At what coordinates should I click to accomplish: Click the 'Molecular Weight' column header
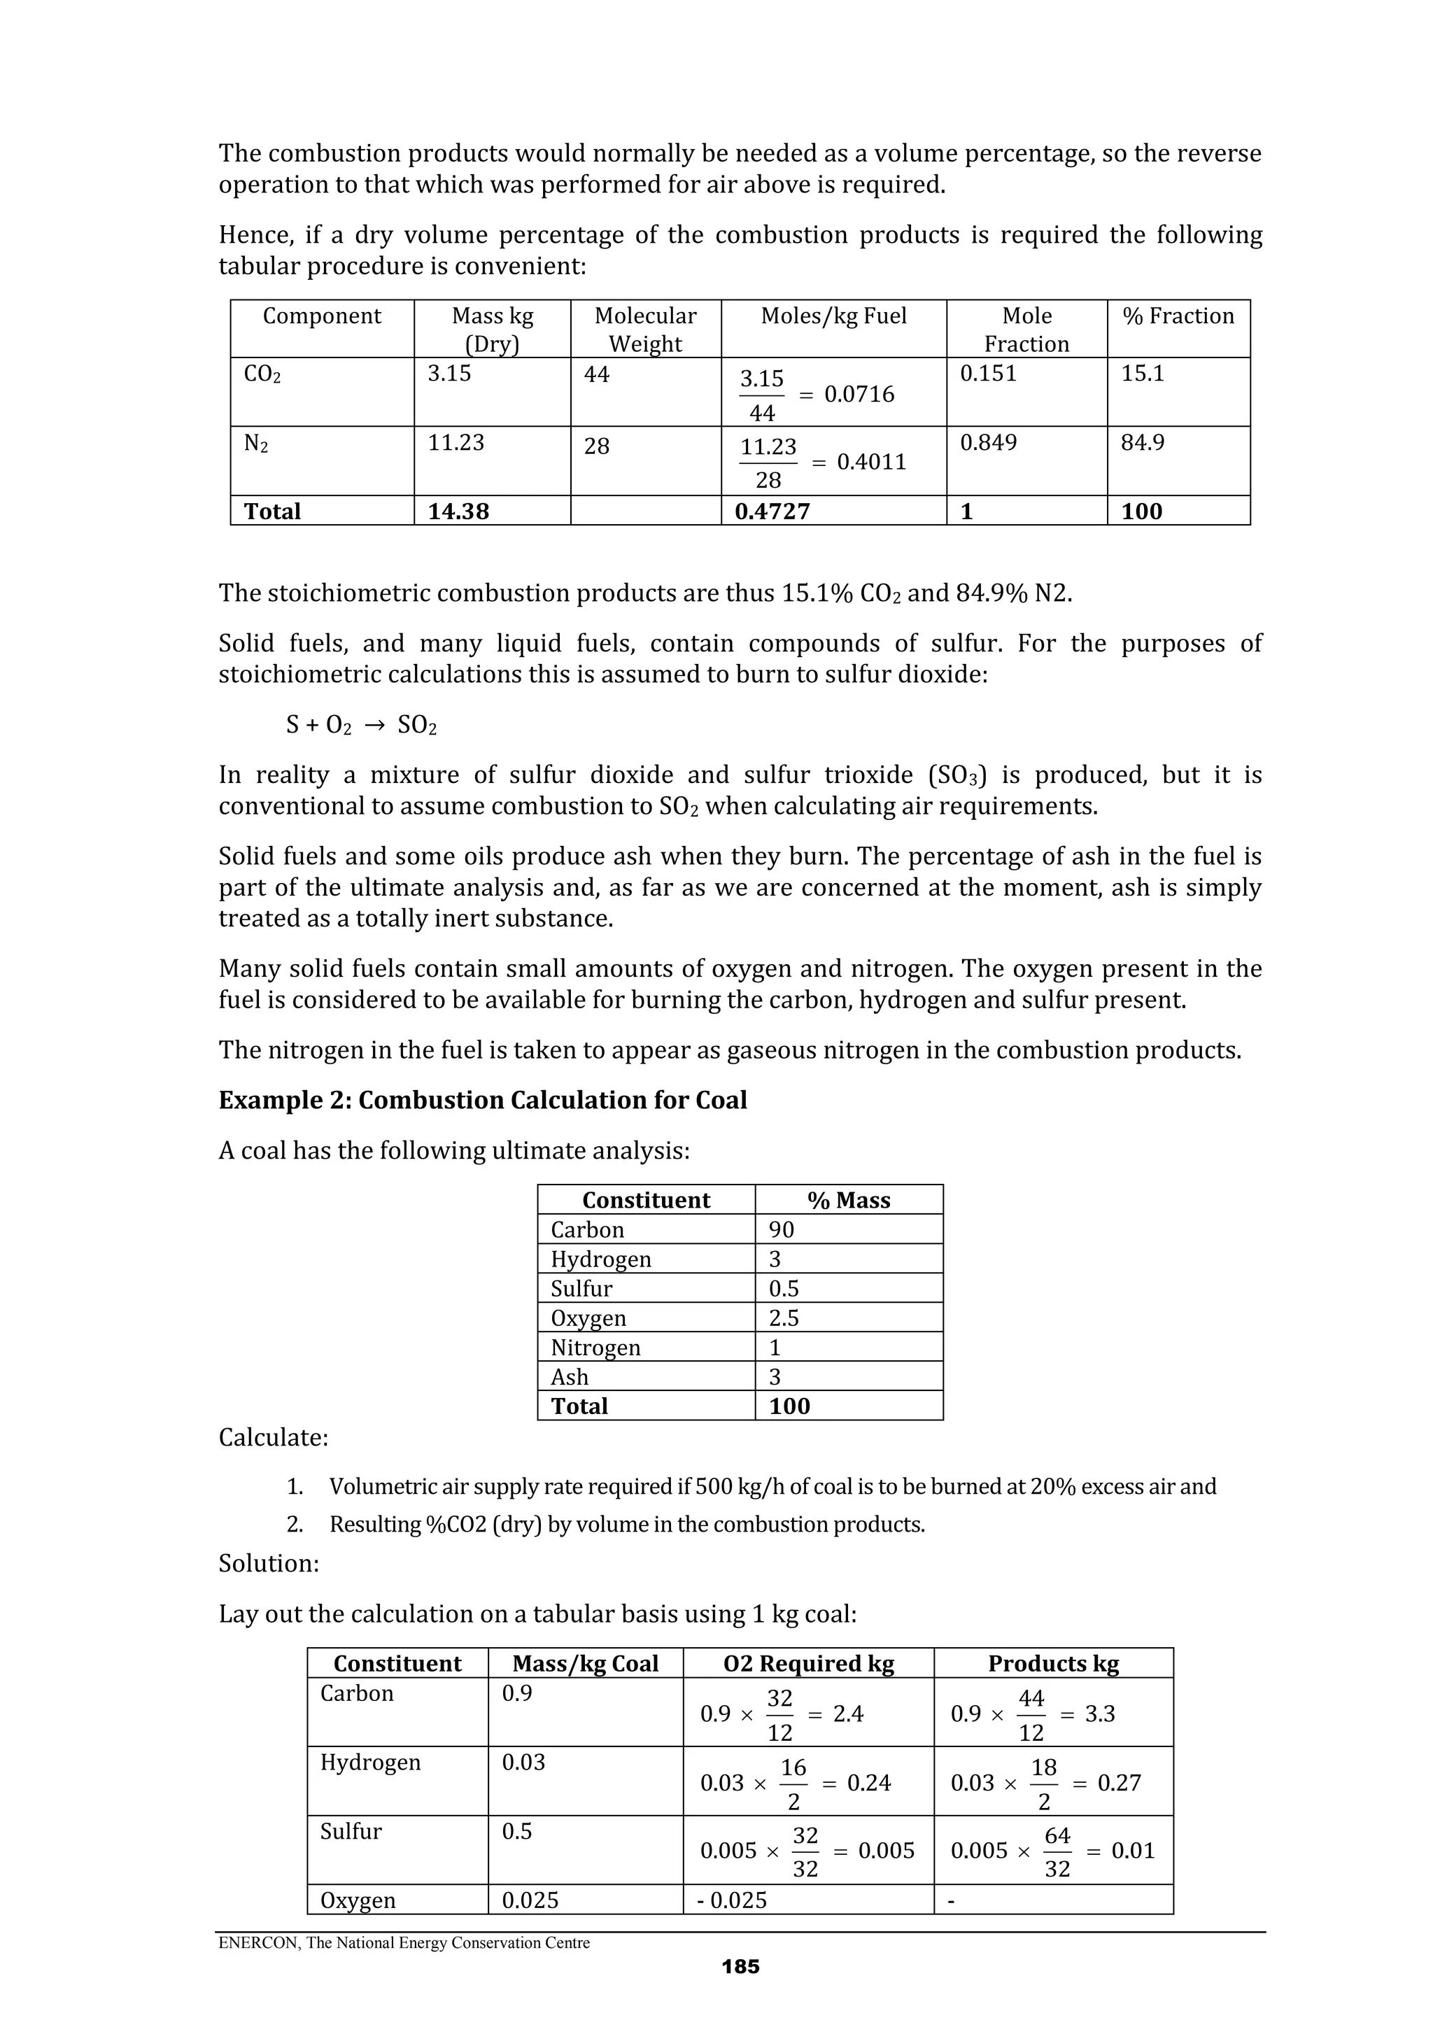[x=644, y=330]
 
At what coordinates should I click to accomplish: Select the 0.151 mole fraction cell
[x=988, y=374]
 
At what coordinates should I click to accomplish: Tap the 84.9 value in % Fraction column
[x=1142, y=442]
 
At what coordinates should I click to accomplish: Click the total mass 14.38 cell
[x=458, y=511]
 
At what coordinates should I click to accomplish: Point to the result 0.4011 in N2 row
[x=870, y=462]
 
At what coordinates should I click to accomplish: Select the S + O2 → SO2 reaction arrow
[x=374, y=726]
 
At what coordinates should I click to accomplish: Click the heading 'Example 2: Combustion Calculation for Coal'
[x=482, y=1100]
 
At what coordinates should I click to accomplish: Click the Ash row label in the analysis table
[x=570, y=1377]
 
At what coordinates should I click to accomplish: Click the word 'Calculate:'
[x=273, y=1438]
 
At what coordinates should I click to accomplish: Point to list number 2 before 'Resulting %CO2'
[x=294, y=1525]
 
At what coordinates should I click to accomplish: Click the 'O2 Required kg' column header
[x=808, y=1664]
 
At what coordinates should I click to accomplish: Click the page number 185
[x=740, y=1967]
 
